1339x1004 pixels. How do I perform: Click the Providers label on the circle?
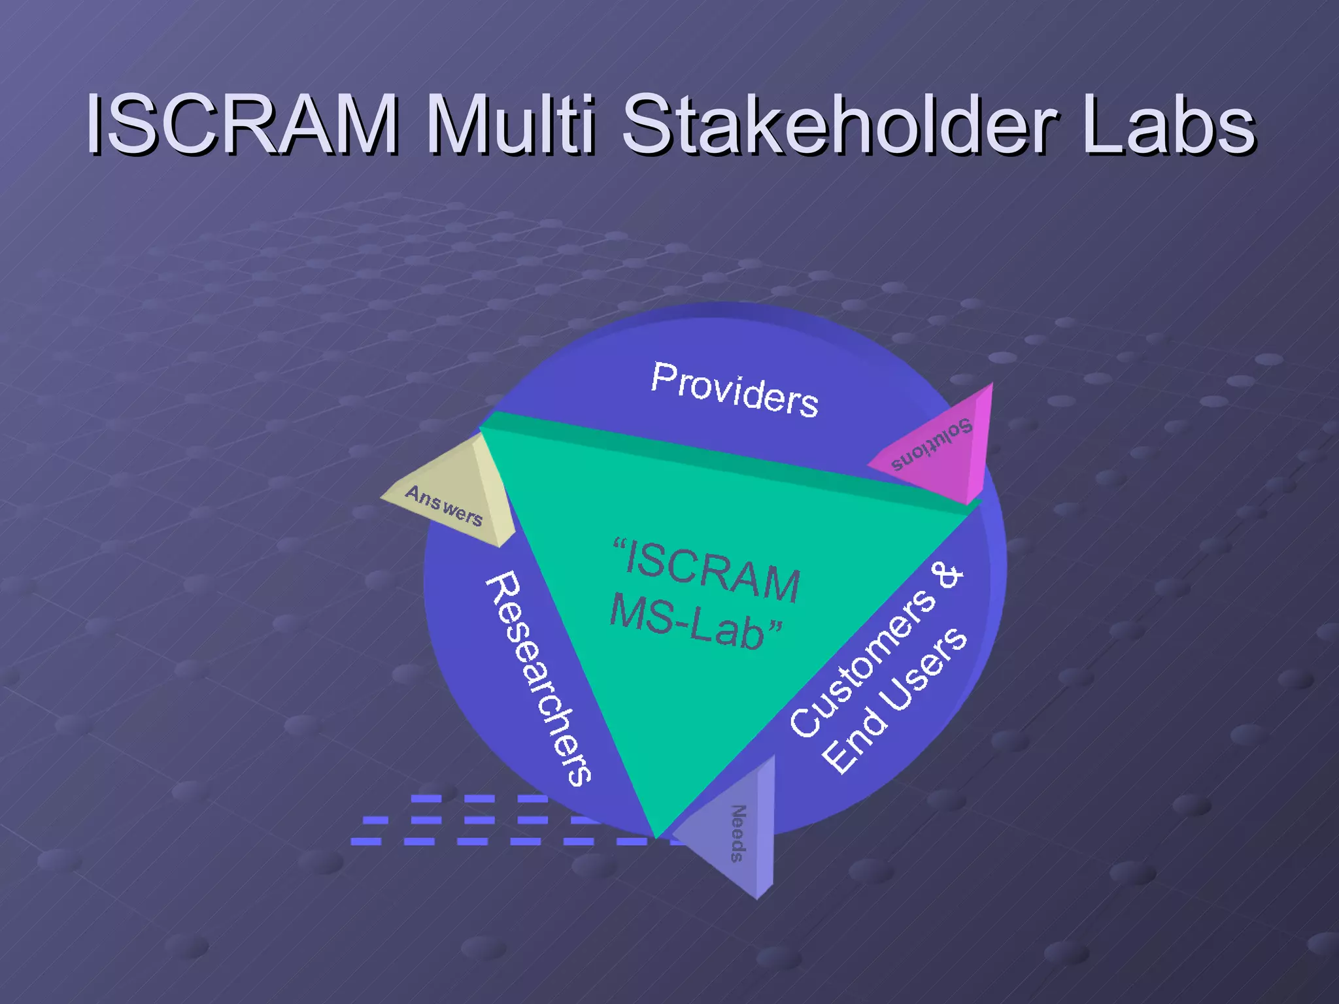(734, 390)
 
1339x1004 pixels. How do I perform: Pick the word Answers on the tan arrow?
(444, 506)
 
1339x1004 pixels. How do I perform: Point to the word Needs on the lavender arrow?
(737, 833)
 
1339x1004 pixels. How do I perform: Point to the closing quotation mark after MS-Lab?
(774, 629)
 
